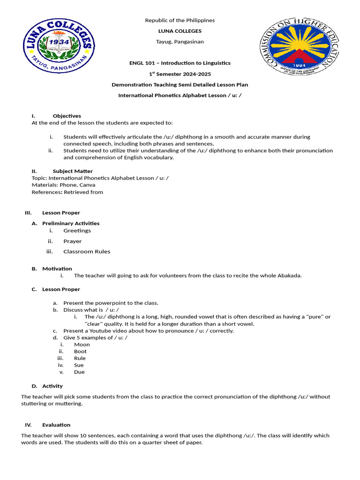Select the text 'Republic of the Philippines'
(180, 20)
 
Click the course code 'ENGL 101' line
(180, 63)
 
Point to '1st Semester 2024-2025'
(180, 74)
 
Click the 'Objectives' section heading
(67, 116)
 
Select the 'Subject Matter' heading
(73, 171)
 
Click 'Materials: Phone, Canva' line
(63, 185)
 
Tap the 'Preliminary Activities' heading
(71, 223)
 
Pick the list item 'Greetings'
(77, 231)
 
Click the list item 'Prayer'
(73, 241)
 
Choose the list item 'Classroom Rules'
(87, 251)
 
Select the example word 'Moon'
(82, 345)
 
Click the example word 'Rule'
(80, 358)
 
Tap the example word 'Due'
(79, 372)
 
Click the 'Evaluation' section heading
(56, 425)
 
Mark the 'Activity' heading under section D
(52, 386)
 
